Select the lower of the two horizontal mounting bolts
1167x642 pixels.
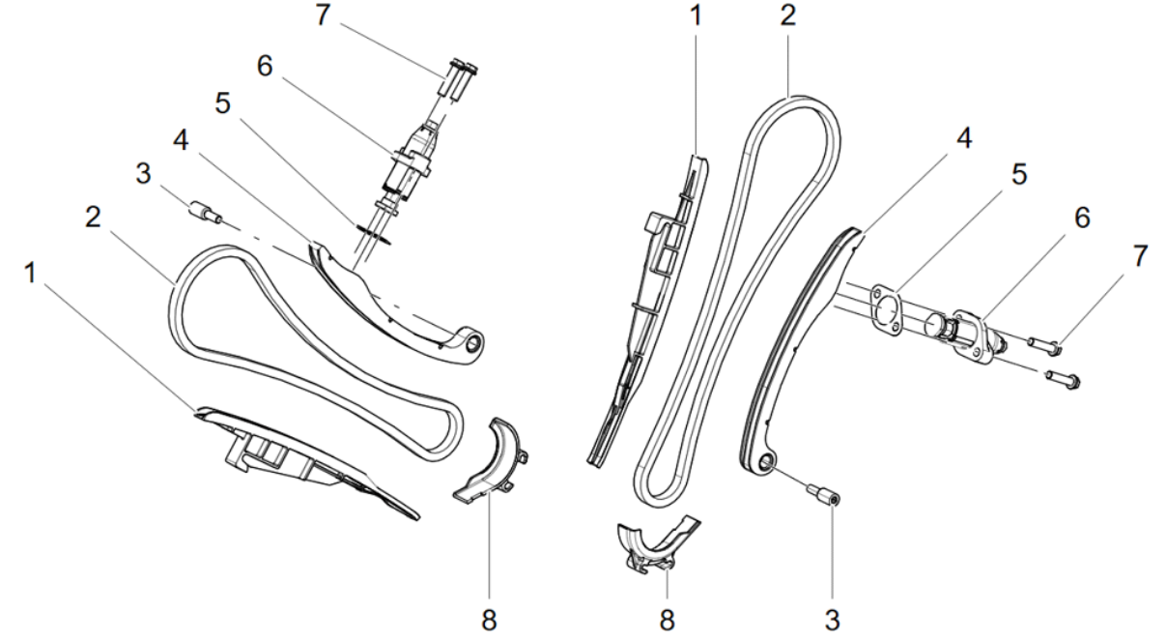(1061, 378)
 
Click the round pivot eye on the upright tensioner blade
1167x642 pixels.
(764, 463)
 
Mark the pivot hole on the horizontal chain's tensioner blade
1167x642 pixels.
(473, 343)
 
